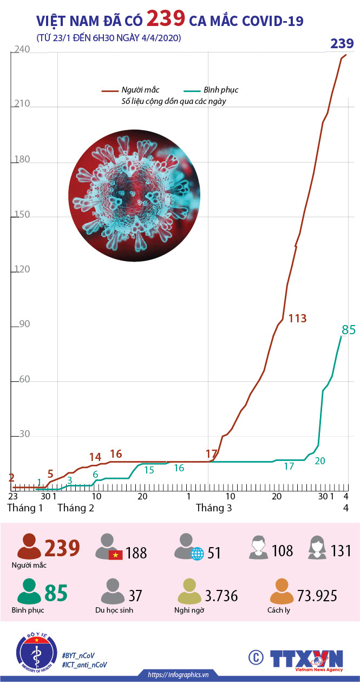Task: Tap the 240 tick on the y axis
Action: (22, 50)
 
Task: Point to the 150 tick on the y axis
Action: (22, 216)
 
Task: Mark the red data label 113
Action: (297, 319)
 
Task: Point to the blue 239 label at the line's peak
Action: (342, 44)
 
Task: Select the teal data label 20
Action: (320, 460)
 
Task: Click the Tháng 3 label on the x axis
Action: (214, 508)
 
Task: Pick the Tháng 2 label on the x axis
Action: (76, 508)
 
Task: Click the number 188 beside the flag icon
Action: (136, 553)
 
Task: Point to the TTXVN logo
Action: (306, 658)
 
